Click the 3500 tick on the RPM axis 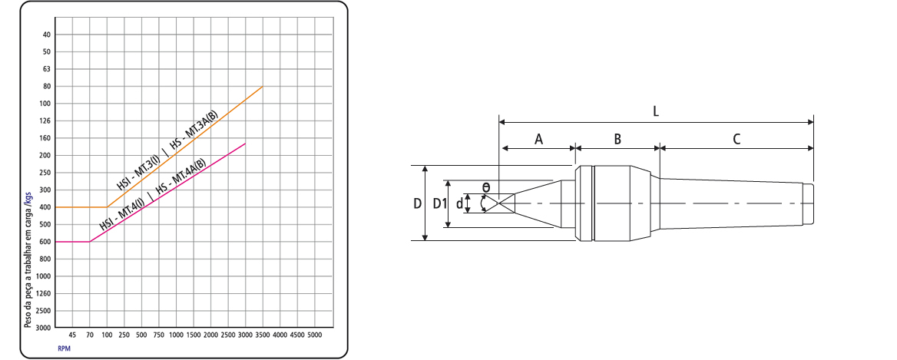tap(263, 335)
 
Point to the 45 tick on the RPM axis tap(73, 335)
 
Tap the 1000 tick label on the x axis tap(176, 335)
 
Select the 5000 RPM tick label tap(315, 335)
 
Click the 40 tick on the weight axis tap(47, 35)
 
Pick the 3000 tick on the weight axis tap(45, 328)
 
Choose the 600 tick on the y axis tap(46, 242)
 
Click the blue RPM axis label tap(64, 348)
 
